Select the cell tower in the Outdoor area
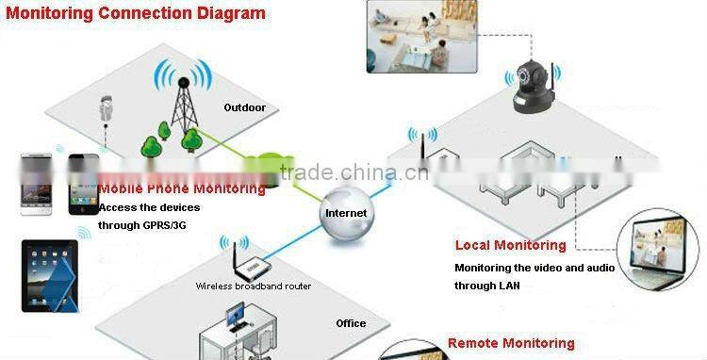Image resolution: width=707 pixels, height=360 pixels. (x=181, y=105)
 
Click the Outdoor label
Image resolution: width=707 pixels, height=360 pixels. (x=244, y=107)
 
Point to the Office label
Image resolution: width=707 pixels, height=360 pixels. (x=351, y=323)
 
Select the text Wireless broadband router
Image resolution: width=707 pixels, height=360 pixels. (x=253, y=286)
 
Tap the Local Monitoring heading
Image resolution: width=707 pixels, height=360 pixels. (x=510, y=245)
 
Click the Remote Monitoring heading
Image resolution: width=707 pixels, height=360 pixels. (x=510, y=344)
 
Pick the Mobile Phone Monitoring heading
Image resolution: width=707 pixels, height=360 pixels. (x=182, y=188)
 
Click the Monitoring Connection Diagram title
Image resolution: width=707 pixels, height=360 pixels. (x=136, y=13)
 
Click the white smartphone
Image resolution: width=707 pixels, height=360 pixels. (x=37, y=186)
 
